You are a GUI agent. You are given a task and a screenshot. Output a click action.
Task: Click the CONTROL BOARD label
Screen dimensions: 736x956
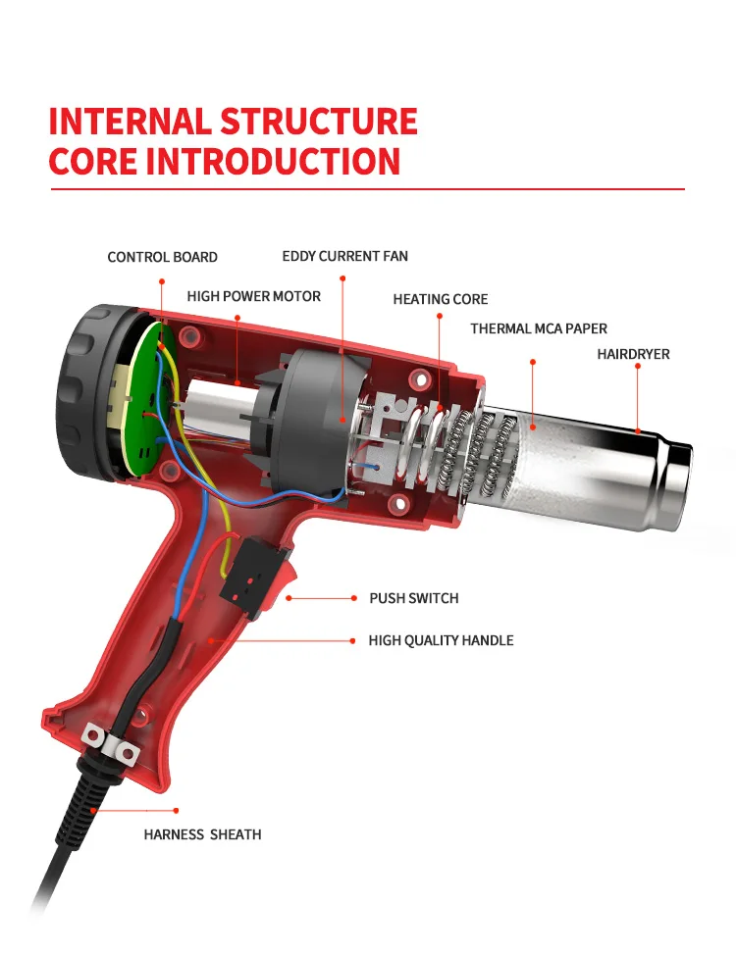[x=162, y=257]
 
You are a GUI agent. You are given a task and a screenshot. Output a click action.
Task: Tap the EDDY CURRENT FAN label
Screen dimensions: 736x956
[x=344, y=256]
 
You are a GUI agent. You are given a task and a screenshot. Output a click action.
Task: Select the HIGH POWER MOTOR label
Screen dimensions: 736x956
[x=254, y=296]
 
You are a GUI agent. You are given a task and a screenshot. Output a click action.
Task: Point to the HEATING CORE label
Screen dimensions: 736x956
[x=440, y=299]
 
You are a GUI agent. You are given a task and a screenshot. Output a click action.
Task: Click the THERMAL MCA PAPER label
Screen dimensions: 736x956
[x=539, y=328]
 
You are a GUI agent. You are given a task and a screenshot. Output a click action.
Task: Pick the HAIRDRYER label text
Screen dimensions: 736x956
[x=634, y=354]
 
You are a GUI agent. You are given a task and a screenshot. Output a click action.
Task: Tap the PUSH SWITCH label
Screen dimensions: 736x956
[x=414, y=598]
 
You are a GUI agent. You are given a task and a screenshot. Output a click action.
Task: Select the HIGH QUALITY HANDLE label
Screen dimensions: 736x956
[x=441, y=640]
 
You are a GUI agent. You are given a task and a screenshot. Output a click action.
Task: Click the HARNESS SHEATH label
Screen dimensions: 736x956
[x=202, y=834]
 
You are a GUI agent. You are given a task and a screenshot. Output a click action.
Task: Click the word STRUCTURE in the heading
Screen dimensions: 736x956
[x=319, y=122]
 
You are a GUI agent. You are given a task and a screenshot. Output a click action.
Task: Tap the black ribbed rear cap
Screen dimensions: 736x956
[x=91, y=390]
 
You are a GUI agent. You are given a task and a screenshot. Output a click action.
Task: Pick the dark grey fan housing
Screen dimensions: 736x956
[x=311, y=421]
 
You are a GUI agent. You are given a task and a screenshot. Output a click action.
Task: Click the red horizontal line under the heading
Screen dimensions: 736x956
[x=368, y=189]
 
